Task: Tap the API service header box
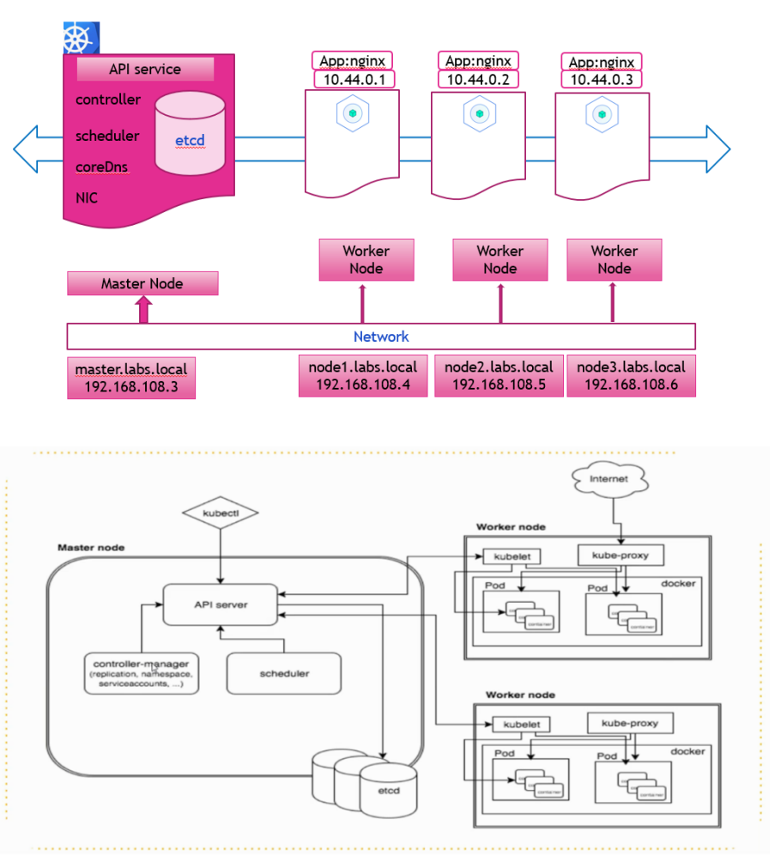[x=145, y=70]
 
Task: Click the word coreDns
[x=102, y=167]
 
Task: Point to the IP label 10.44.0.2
[x=479, y=79]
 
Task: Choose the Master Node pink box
[x=142, y=283]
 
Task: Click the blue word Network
[x=381, y=337]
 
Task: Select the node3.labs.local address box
[x=631, y=376]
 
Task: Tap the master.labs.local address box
[x=131, y=379]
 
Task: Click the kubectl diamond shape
[x=221, y=515]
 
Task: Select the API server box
[x=221, y=604]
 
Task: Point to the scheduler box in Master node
[x=283, y=674]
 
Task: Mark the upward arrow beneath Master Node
[x=143, y=310]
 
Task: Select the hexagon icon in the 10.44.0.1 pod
[x=352, y=113]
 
